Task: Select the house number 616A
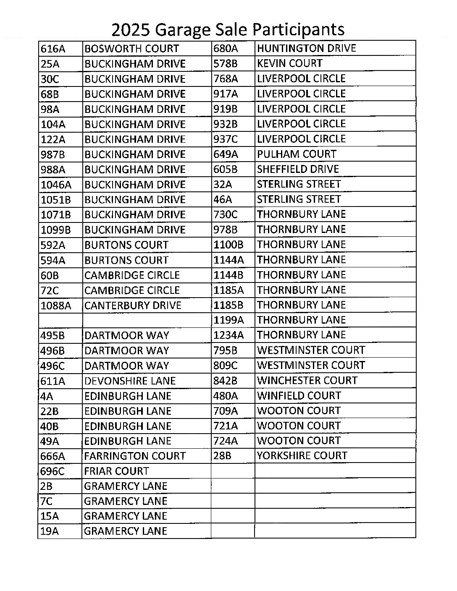coord(53,49)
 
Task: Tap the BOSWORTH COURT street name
coord(131,49)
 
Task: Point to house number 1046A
coord(56,185)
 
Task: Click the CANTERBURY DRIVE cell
coord(133,306)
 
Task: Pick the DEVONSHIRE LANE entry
coord(130,381)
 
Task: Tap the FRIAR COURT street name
coord(116,471)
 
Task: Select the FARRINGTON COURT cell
coord(134,456)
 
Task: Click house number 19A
coord(50,531)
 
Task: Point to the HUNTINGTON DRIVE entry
coord(306,48)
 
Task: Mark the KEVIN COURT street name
coord(289,63)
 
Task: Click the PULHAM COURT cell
coord(297,154)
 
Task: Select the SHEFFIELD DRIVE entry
coord(298,169)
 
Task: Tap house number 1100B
coord(228,245)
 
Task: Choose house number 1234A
coord(228,335)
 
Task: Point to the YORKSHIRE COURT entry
coord(302,456)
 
